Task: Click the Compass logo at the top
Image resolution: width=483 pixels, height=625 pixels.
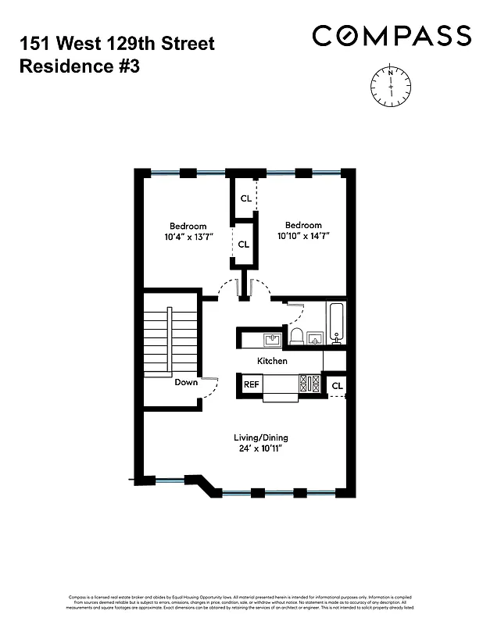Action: click(x=392, y=35)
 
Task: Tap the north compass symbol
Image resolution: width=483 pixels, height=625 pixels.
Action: click(x=388, y=83)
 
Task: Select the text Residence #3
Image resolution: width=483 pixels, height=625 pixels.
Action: click(x=78, y=66)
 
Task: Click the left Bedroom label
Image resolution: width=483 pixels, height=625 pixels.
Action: click(x=188, y=226)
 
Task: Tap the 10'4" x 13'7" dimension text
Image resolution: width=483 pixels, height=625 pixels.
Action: click(x=188, y=236)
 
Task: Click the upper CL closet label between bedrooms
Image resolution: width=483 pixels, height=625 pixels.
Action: click(x=245, y=198)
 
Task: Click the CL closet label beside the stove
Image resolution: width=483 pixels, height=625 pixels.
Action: click(x=337, y=385)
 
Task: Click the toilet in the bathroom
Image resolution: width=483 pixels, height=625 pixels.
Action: click(x=296, y=337)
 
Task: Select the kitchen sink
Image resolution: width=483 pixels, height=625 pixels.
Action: click(x=272, y=339)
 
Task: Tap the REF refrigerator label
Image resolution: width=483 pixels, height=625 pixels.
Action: click(x=251, y=384)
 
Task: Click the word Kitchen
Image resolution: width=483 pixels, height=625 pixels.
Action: click(x=273, y=361)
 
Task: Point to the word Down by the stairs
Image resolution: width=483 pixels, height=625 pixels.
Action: click(x=186, y=383)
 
